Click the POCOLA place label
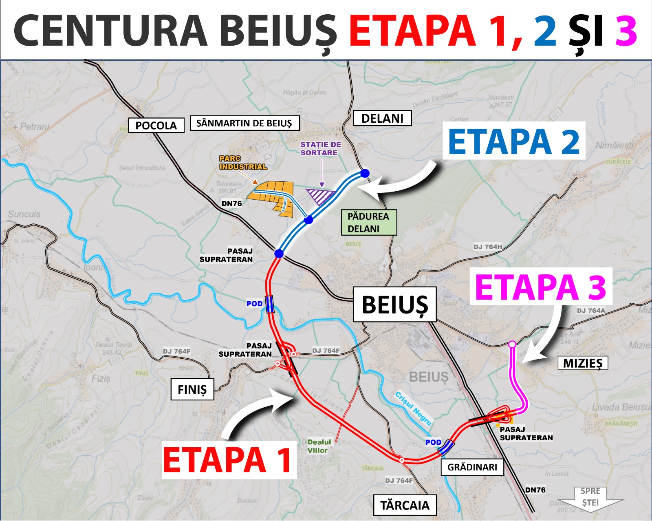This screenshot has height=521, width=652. (156, 125)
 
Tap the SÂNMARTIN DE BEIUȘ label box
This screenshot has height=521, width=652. (244, 123)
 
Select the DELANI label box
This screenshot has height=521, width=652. (382, 118)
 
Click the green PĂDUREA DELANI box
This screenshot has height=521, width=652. (368, 222)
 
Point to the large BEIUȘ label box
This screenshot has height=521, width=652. (394, 305)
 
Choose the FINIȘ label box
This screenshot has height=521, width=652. (192, 389)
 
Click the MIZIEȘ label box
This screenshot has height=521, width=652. (582, 363)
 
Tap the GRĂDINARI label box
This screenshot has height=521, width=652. (472, 467)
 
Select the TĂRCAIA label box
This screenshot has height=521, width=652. (405, 505)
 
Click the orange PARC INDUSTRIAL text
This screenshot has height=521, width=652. (243, 163)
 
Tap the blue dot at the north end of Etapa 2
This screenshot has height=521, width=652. (365, 173)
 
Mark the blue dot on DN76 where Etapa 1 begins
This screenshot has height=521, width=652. (279, 254)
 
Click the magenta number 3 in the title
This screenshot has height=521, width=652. (626, 31)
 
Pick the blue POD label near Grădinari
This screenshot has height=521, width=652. (433, 442)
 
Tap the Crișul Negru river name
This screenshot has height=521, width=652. (413, 409)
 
